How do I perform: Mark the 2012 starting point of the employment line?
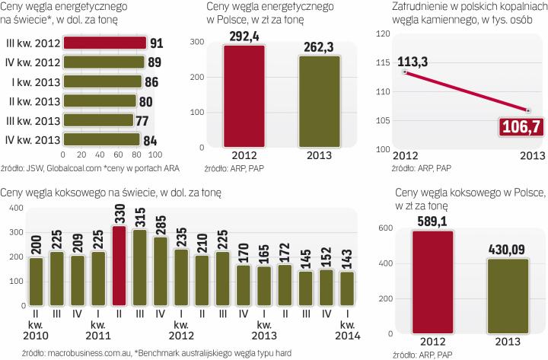406,72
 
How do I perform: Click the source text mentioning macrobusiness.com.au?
122,352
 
